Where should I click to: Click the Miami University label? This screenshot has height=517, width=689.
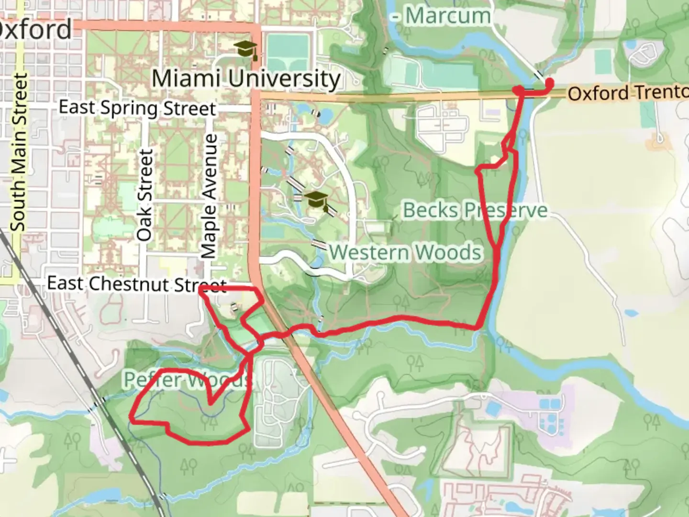[x=246, y=79]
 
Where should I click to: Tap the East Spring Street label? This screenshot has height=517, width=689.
[x=137, y=108]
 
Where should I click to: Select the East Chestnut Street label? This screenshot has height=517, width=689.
[x=136, y=284]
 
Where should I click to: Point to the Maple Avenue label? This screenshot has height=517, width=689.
[x=209, y=196]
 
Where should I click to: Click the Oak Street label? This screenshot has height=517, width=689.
[x=144, y=195]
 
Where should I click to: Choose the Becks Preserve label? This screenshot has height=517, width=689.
[x=475, y=210]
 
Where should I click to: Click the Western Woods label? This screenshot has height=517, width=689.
[x=405, y=252]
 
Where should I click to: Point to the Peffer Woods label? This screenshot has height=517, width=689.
[x=187, y=380]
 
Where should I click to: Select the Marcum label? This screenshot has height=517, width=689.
[x=447, y=16]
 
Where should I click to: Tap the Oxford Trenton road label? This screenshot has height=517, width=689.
[x=627, y=92]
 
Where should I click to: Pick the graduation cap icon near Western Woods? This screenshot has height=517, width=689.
[x=317, y=200]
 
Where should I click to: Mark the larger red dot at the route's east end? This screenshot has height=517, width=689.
[x=549, y=83]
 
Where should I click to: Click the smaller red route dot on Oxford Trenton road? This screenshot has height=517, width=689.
[x=518, y=90]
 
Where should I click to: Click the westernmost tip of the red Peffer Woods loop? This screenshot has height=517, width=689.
[x=131, y=420]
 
